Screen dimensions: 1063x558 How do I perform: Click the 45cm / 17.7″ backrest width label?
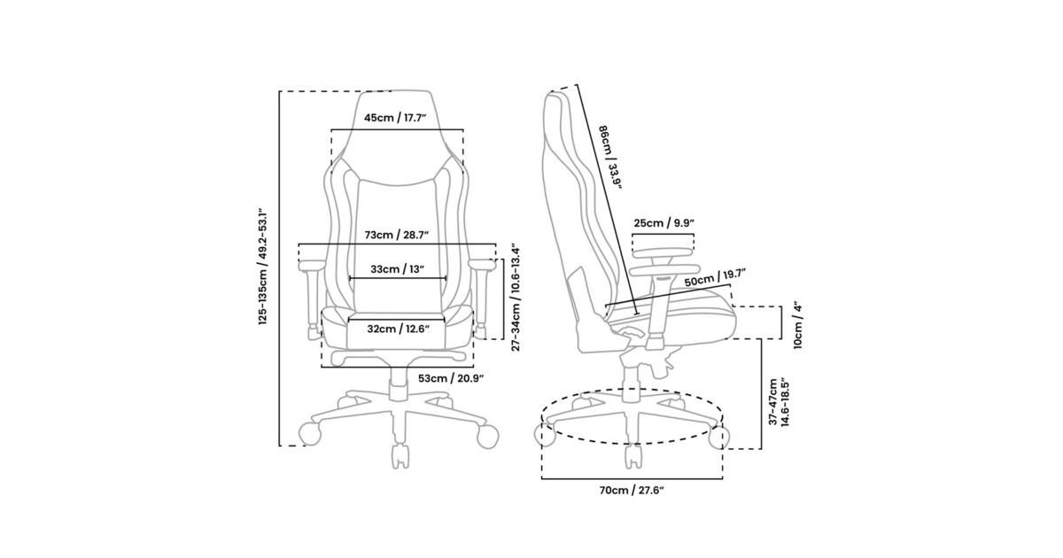pos(395,118)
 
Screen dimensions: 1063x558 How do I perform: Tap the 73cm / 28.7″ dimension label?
pos(397,235)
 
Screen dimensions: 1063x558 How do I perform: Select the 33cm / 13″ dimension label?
pos(397,269)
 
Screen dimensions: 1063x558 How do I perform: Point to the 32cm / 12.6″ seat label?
pos(398,329)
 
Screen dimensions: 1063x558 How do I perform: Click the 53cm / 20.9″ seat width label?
pos(451,378)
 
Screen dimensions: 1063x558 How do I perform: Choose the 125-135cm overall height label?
pos(263,266)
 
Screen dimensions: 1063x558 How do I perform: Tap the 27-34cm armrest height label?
pos(516,298)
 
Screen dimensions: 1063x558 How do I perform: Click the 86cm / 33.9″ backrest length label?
pos(610,158)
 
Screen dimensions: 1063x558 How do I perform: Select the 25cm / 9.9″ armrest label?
pos(664,222)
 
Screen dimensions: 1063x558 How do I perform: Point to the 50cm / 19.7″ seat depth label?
pos(715,277)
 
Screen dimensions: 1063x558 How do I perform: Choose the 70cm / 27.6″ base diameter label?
pos(632,491)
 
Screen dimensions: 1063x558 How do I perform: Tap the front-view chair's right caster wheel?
pos(487,436)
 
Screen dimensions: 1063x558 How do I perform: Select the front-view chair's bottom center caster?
pos(400,456)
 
